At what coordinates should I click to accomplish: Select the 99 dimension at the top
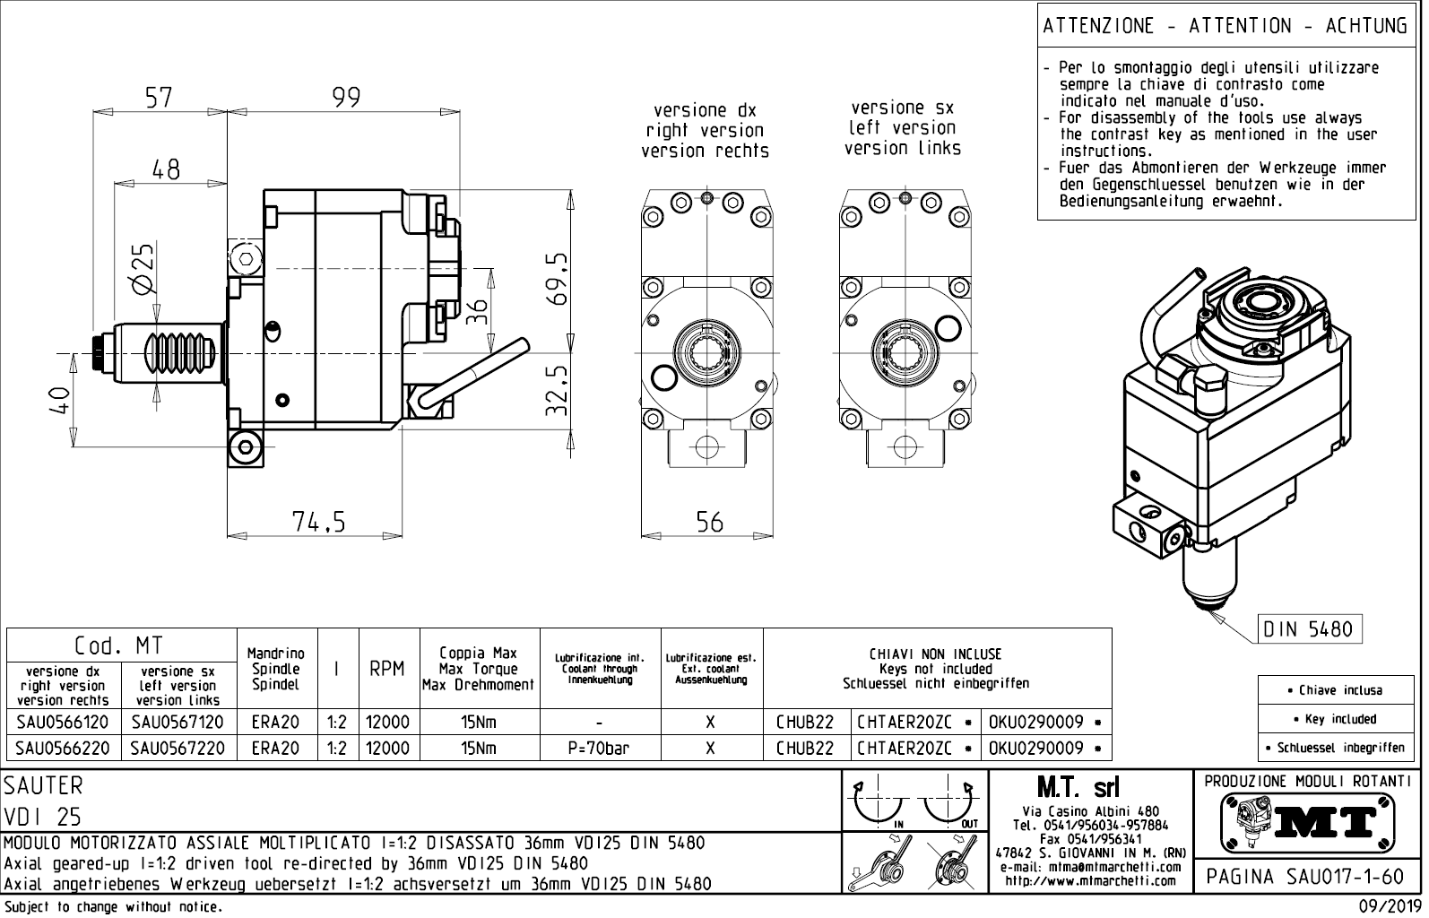point(346,97)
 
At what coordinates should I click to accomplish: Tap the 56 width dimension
point(709,522)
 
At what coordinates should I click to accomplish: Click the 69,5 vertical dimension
point(558,279)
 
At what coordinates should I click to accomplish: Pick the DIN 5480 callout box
point(1312,628)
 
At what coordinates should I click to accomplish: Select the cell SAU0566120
point(63,722)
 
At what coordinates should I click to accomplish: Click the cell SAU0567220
point(178,748)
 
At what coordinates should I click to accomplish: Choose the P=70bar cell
point(598,748)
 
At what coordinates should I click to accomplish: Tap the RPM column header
point(387,669)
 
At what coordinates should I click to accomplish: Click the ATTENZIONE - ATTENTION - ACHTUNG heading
point(1225,26)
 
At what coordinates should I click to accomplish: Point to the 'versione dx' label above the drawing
point(705,110)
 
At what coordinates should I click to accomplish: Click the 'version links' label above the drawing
point(902,148)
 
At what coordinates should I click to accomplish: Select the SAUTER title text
point(43,785)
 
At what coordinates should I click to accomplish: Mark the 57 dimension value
point(159,97)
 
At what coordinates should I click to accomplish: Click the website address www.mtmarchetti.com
point(1090,881)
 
